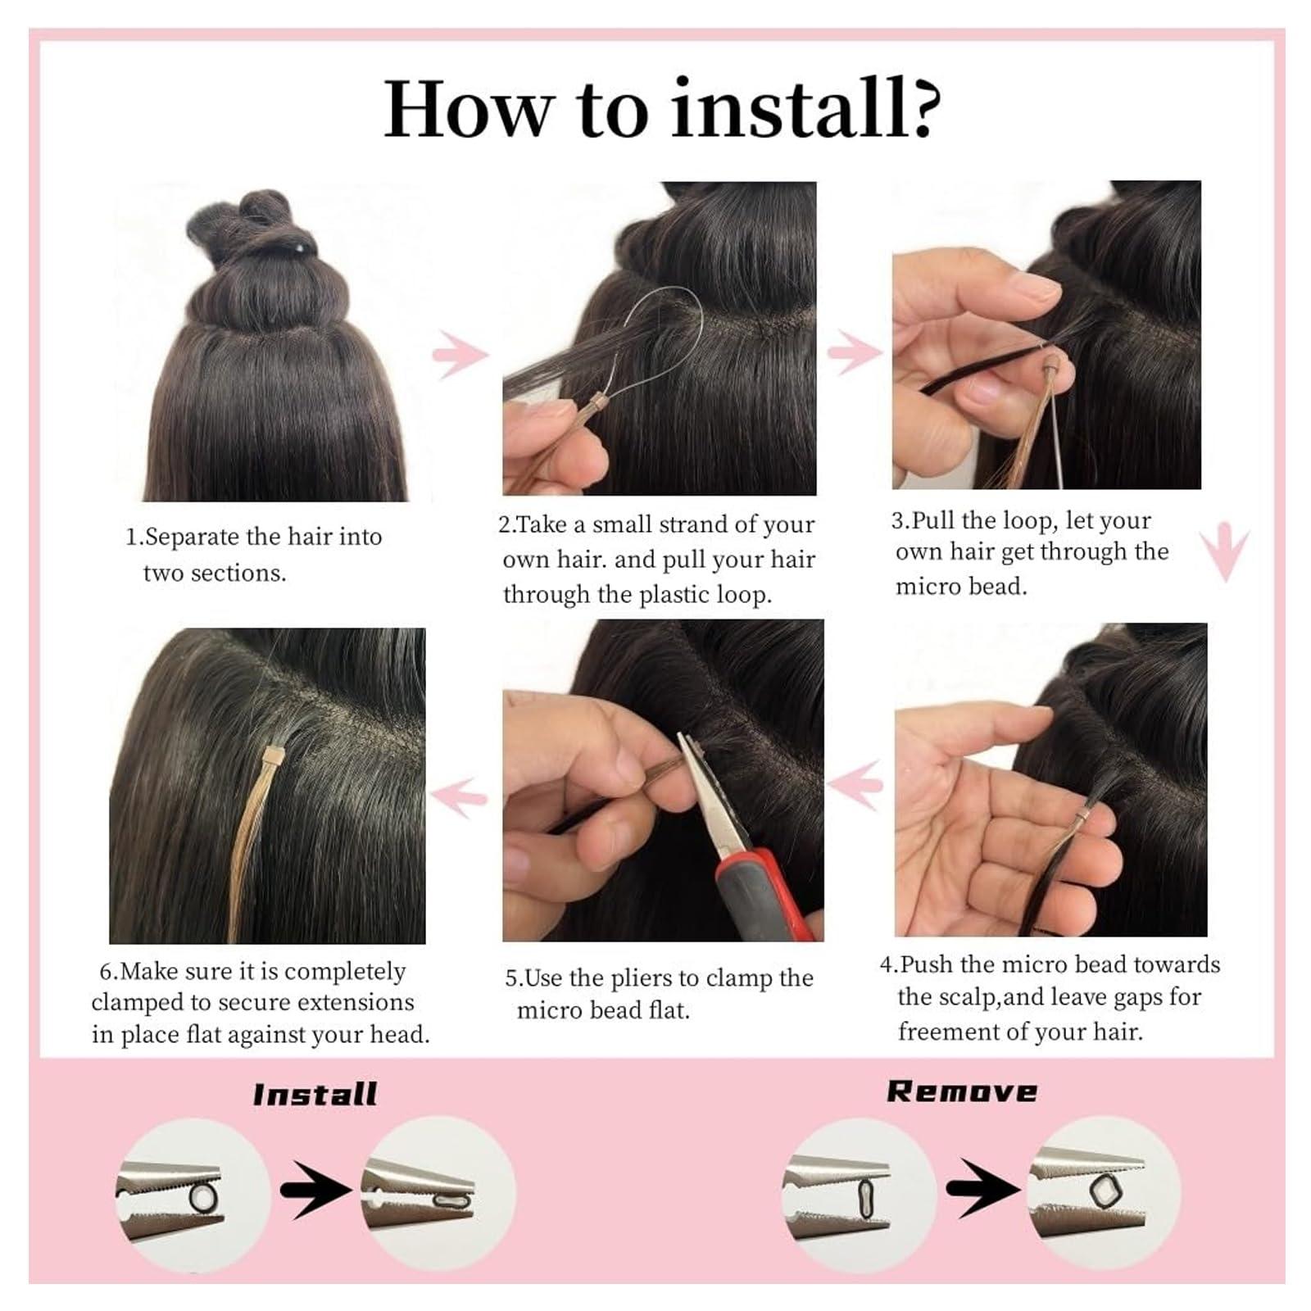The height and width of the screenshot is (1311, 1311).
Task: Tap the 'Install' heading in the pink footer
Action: (315, 1095)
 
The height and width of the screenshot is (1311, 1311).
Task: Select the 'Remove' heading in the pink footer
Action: (962, 1091)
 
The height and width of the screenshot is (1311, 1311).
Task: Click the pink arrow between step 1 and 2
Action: (460, 354)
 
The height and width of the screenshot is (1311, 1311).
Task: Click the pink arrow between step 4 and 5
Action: (855, 784)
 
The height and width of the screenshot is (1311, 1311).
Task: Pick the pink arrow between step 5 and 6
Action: (460, 795)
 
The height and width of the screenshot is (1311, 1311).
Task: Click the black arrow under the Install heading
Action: (315, 1190)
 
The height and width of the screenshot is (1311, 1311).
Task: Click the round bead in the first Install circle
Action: (203, 1197)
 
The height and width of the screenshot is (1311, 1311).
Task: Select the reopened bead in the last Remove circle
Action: (1102, 1191)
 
